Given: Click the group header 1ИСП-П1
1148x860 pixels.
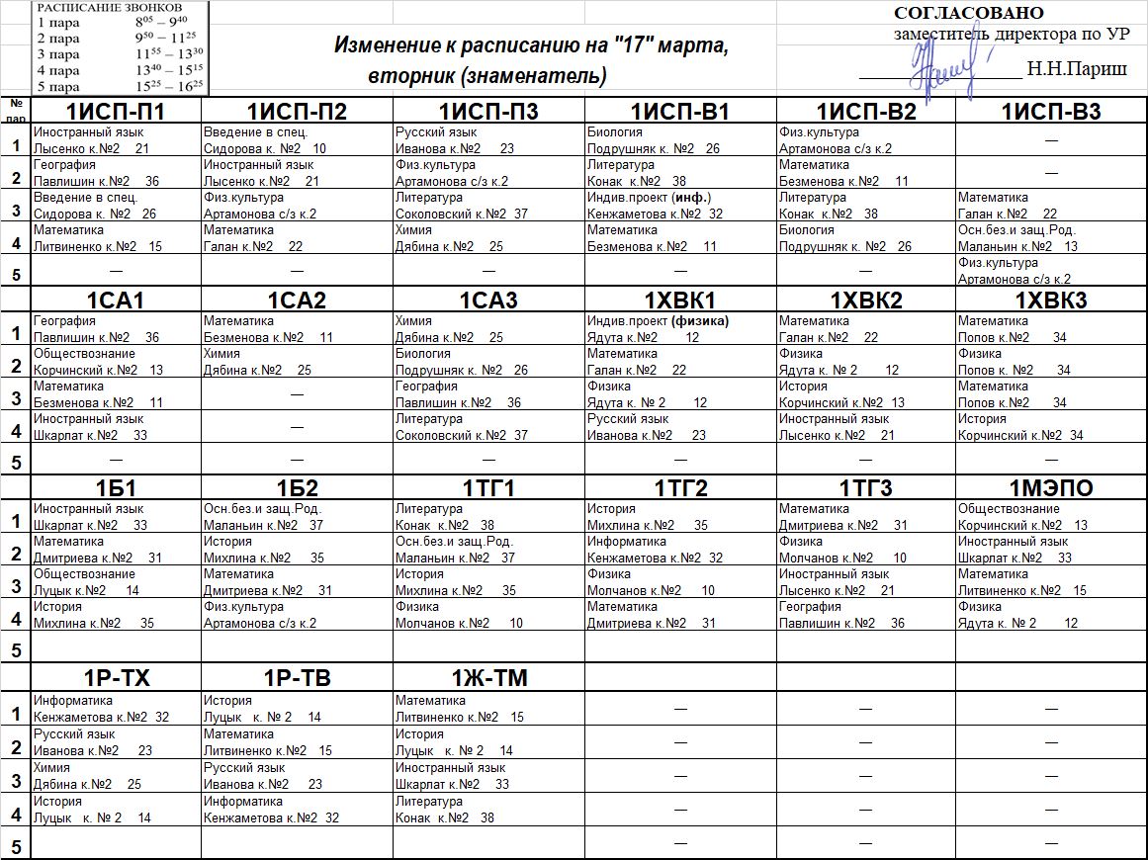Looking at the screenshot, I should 116,112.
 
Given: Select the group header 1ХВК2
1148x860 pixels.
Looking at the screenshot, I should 865,301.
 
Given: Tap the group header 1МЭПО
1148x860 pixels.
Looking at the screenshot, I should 1051,488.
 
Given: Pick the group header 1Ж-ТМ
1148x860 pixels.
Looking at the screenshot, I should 488,678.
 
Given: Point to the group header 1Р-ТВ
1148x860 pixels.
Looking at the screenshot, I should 297,678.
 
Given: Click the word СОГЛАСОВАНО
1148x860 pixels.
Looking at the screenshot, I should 968,13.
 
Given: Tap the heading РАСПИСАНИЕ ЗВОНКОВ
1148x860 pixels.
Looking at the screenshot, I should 110,7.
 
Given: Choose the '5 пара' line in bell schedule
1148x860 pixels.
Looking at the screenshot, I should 119,86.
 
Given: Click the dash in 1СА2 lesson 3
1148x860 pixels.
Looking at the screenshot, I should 297,394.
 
